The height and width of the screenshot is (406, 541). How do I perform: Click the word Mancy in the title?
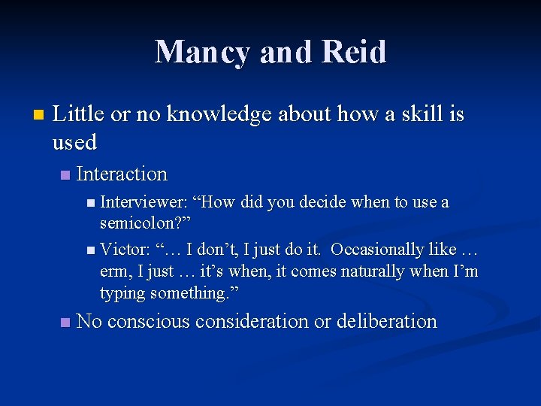point(201,52)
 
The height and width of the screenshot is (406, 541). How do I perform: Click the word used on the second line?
point(75,141)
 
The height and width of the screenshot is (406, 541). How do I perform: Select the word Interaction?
point(122,174)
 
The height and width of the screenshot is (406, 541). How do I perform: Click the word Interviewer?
point(143,202)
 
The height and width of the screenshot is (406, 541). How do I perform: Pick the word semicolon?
point(141,225)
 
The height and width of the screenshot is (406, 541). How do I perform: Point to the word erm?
point(114,271)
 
